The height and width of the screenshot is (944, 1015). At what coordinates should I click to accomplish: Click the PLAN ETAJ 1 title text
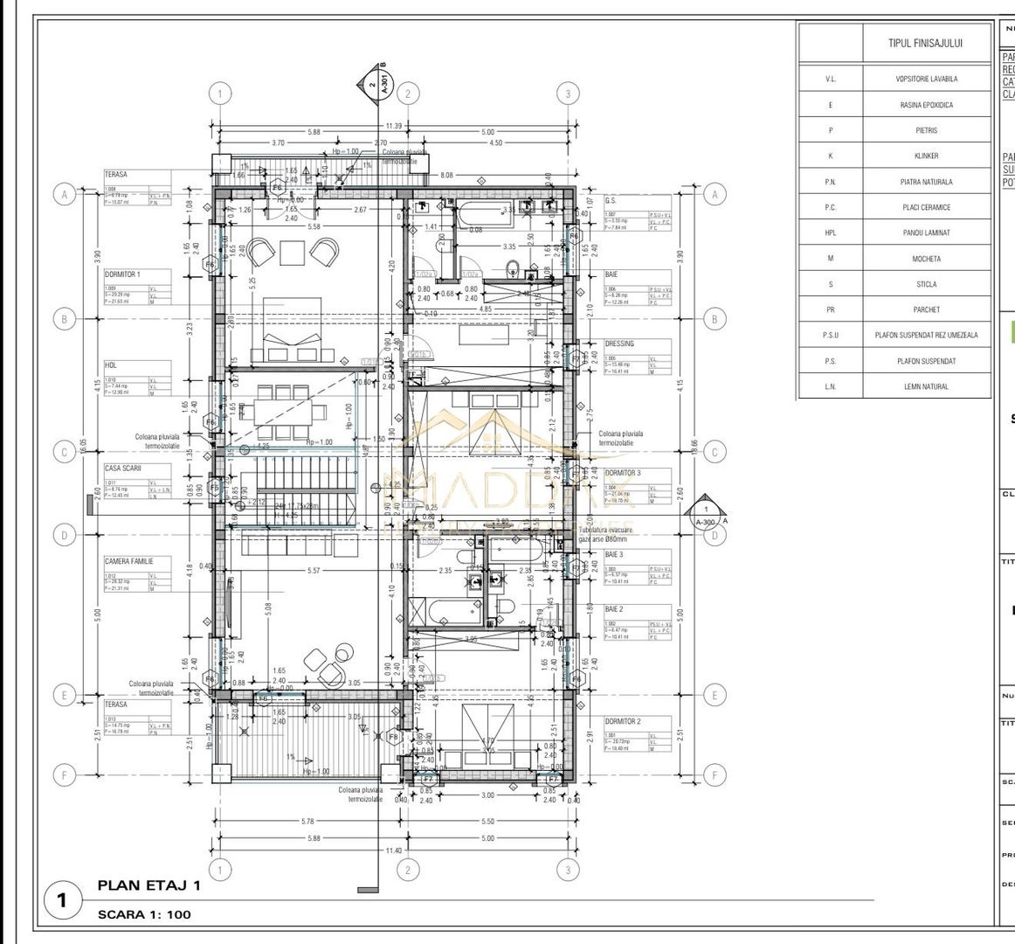[148, 885]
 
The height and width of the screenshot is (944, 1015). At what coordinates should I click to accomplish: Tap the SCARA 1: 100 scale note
[144, 914]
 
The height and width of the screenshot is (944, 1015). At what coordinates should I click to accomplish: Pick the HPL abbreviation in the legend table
[830, 233]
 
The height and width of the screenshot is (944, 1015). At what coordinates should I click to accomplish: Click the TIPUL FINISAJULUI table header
[925, 43]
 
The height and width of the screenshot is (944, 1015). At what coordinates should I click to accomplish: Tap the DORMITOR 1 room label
[123, 274]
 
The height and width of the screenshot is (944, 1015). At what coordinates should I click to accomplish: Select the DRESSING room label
[619, 344]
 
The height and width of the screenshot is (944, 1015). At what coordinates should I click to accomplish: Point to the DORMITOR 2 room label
[623, 721]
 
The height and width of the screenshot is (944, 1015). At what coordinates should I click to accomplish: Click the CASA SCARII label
[123, 468]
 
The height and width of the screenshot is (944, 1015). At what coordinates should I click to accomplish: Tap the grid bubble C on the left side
[64, 452]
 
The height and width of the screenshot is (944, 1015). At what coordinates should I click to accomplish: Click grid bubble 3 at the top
[569, 94]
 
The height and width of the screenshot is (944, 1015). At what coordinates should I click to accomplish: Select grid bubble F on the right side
[715, 774]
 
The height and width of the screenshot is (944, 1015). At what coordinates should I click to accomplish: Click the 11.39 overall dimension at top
[393, 126]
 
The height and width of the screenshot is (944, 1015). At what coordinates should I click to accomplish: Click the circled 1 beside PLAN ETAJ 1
[62, 900]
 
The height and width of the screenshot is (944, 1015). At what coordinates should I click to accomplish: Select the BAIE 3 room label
[614, 554]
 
